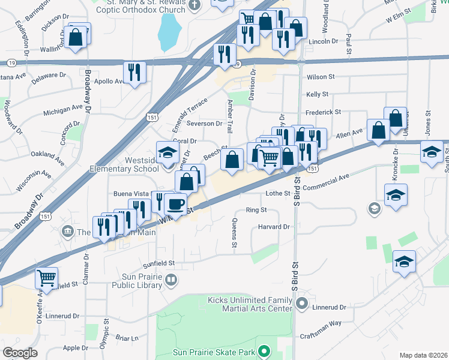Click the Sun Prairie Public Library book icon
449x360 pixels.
click(172, 280)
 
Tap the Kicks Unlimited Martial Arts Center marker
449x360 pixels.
click(302, 304)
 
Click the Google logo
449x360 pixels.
click(20, 353)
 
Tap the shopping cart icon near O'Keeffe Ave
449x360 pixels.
click(46, 278)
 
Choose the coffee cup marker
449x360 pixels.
click(175, 204)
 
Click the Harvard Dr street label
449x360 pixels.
click(274, 227)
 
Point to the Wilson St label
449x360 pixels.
click(320, 77)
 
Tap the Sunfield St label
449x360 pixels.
click(158, 263)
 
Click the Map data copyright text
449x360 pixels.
click(422, 355)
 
